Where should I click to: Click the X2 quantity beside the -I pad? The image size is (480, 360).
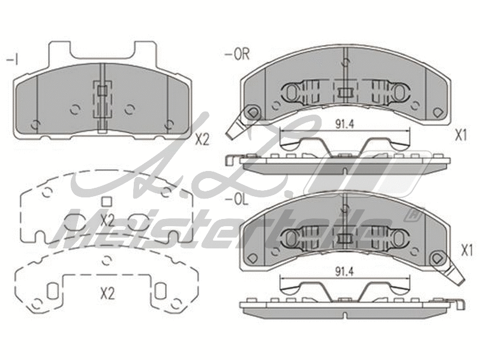(x=202, y=140)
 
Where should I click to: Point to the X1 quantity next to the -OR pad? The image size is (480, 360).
(x=460, y=136)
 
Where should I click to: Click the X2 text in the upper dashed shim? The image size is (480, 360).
(x=107, y=220)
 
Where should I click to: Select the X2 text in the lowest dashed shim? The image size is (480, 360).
(x=107, y=294)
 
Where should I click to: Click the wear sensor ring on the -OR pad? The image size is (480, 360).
(x=253, y=112)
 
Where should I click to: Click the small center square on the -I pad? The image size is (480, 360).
(x=102, y=91)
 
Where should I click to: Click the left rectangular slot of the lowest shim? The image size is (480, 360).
(x=52, y=290)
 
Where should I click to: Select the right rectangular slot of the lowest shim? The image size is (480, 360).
(x=160, y=290)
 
